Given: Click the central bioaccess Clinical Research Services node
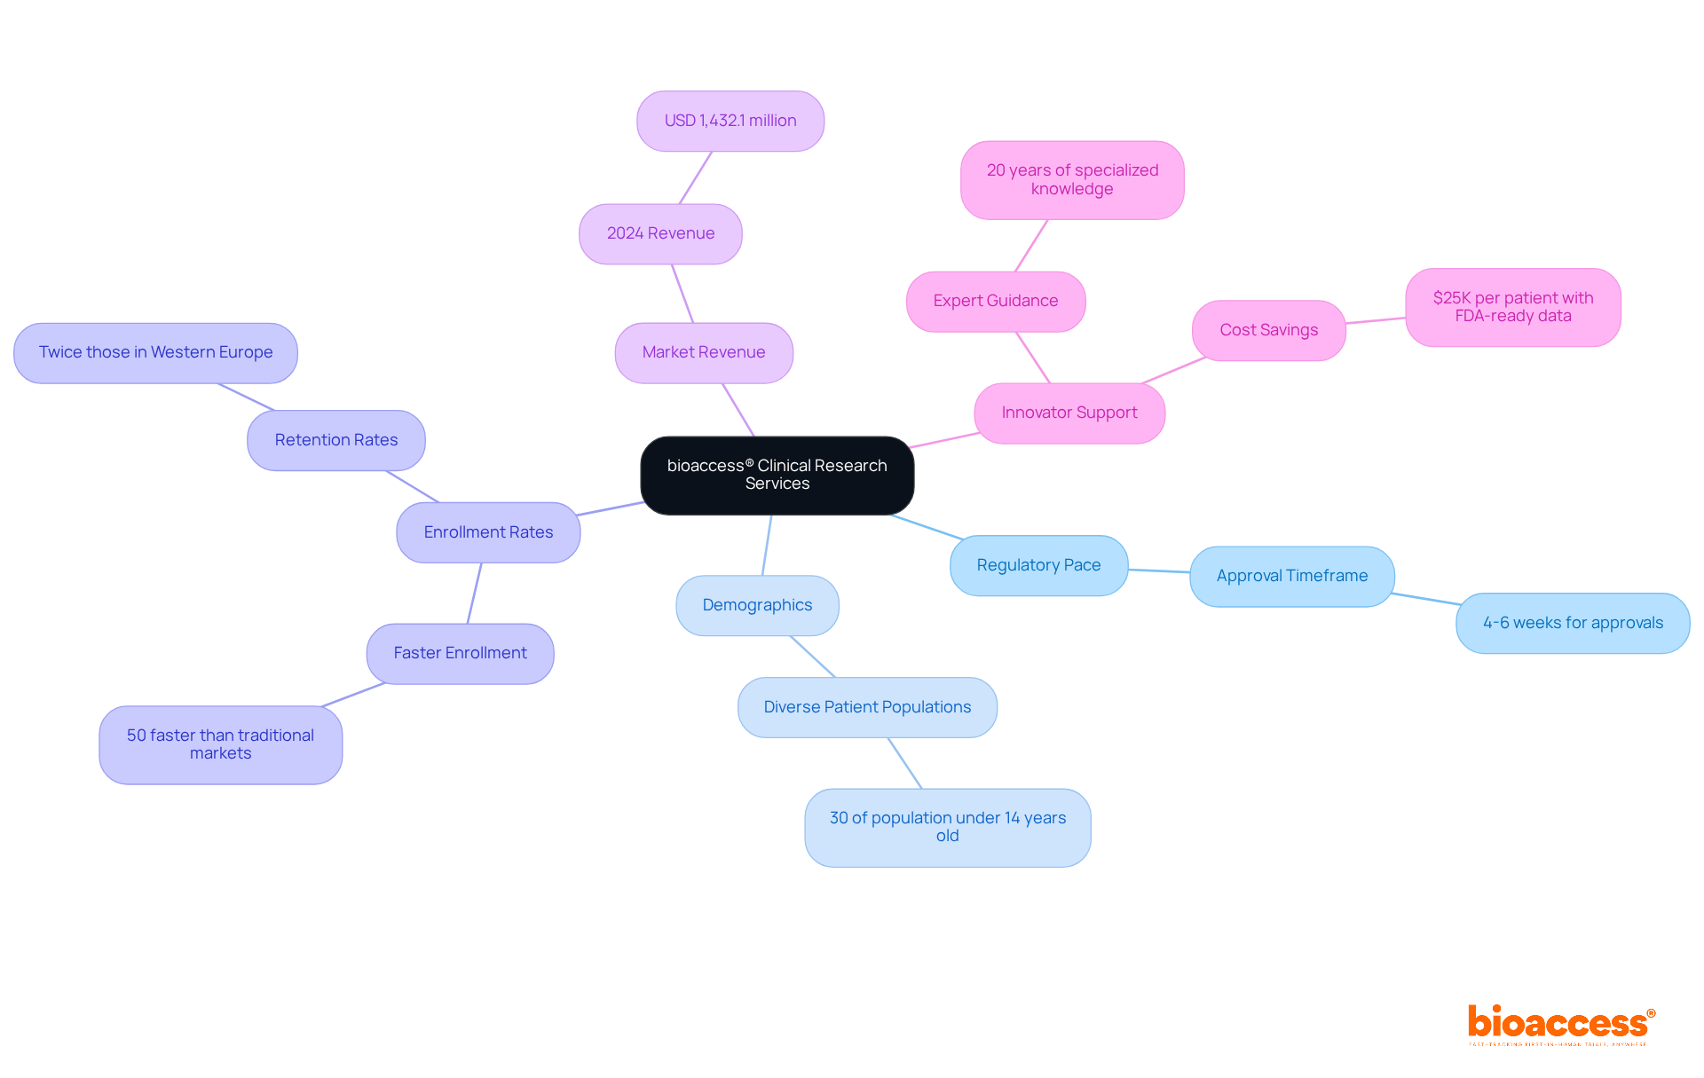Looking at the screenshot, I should [777, 475].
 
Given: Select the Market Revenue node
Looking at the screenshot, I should [704, 352].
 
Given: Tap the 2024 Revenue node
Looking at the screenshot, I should [660, 233].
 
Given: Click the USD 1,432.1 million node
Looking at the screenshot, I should [730, 121].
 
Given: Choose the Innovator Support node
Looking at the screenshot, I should [1069, 413].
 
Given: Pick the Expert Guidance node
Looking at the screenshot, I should [995, 301].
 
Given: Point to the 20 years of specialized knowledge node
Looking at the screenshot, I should [1072, 179].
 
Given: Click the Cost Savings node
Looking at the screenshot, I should [1268, 330].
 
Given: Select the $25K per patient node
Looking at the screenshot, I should [1512, 307].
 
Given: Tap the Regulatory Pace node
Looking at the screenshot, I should [1038, 565].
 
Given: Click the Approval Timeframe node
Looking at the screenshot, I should [1291, 576].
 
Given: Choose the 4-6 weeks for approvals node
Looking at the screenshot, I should [1573, 623].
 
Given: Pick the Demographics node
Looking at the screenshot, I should [757, 605].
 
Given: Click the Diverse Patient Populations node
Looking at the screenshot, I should [867, 707].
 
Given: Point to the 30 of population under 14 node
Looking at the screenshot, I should [947, 827].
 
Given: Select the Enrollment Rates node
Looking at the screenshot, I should [488, 532].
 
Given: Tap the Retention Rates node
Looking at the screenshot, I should [335, 440].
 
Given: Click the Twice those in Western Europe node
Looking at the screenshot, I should [155, 352].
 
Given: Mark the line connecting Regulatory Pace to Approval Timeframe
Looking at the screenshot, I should [1159, 570].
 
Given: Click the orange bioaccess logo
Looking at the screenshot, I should [1560, 1023].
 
